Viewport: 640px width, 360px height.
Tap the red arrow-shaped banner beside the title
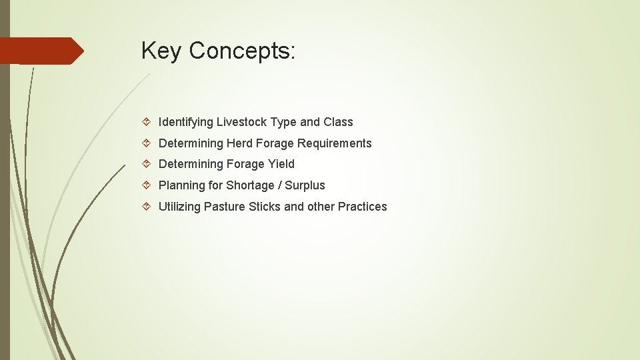coord(40,51)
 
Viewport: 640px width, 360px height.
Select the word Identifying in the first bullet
coord(186,122)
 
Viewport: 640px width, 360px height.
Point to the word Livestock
coord(242,122)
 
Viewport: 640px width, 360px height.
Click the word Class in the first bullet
coord(338,122)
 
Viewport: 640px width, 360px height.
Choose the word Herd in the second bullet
coord(241,143)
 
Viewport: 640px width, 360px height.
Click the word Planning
coord(181,185)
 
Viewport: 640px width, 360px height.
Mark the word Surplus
coord(305,185)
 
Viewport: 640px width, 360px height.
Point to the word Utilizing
coord(179,207)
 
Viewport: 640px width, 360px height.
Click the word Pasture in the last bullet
coord(225,207)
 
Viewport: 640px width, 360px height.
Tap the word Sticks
coord(265,207)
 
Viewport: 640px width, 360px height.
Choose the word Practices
coord(362,207)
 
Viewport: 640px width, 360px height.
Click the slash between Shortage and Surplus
coord(280,185)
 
